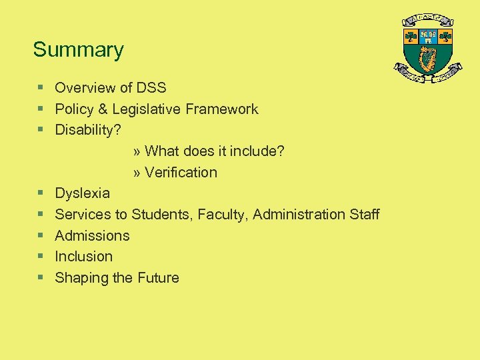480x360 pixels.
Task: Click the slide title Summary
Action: coord(78,50)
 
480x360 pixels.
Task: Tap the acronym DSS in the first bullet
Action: coord(151,88)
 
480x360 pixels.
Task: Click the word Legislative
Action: coord(147,109)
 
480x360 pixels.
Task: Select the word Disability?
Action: coord(88,130)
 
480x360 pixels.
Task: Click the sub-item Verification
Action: coord(181,173)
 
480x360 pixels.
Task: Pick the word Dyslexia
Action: coord(82,193)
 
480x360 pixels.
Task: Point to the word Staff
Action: coord(365,215)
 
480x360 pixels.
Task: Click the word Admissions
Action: coord(92,235)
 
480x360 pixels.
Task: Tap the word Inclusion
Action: coord(83,257)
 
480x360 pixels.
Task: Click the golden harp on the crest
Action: coord(427,59)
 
